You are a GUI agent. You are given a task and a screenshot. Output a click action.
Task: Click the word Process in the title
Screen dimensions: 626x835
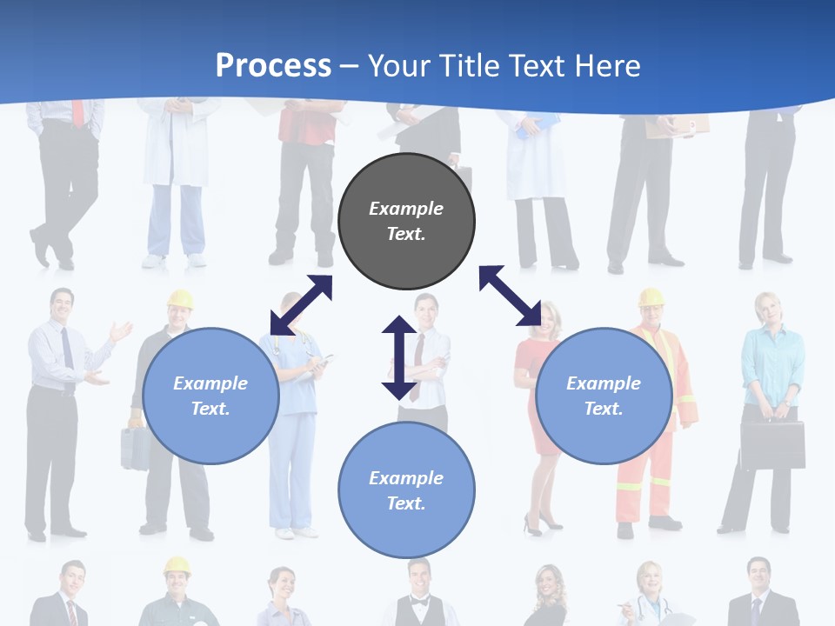273,65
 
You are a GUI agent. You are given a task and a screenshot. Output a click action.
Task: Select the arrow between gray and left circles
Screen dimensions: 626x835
301,305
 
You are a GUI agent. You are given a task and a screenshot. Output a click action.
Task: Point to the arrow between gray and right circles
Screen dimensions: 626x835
510,296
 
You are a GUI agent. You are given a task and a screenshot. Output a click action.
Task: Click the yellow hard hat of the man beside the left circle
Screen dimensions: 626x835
180,299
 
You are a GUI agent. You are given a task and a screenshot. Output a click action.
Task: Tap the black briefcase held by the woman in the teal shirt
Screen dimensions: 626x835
772,444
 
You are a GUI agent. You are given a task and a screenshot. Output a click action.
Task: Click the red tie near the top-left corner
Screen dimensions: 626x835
78,113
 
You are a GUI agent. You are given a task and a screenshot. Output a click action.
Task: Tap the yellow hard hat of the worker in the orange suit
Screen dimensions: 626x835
651,297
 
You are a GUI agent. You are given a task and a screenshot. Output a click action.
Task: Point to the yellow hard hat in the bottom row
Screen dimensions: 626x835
177,565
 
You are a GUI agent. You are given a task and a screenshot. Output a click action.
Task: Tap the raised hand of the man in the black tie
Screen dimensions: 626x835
121,331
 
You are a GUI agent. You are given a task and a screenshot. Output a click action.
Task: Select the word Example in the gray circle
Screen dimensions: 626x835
406,209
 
